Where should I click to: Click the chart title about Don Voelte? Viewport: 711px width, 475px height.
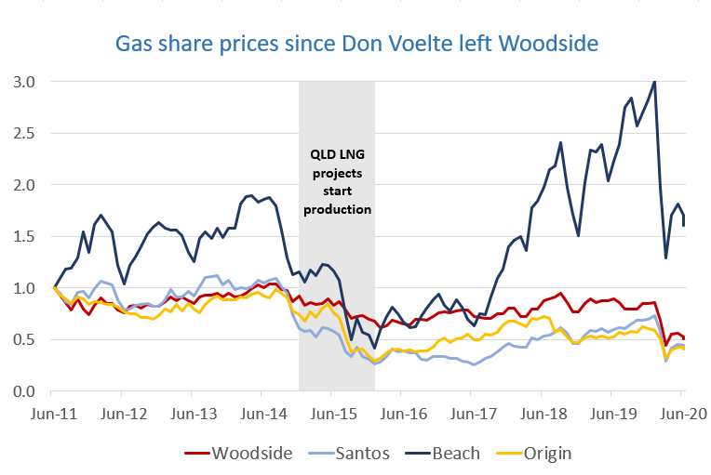(x=355, y=44)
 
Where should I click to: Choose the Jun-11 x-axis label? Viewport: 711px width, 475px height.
(x=53, y=410)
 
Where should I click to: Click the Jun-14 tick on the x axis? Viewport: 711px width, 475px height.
(x=262, y=410)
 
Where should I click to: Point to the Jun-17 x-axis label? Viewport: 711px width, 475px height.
(x=471, y=410)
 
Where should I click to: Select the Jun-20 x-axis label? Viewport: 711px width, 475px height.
(x=679, y=410)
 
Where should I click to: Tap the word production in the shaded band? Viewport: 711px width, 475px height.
(x=336, y=209)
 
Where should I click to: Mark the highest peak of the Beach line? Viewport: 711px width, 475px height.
(x=654, y=82)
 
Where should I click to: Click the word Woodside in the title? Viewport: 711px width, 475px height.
(x=556, y=44)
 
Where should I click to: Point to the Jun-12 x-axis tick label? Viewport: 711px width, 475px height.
(x=123, y=410)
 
